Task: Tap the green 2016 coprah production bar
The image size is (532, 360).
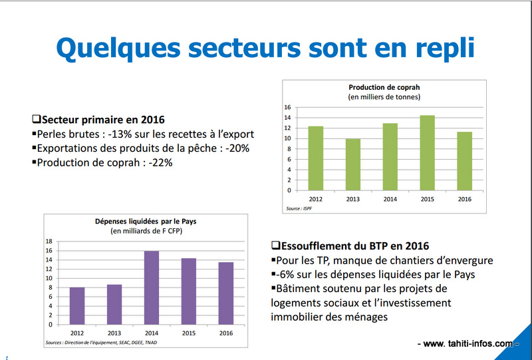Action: [x=465, y=161]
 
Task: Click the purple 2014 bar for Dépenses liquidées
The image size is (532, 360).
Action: [x=151, y=288]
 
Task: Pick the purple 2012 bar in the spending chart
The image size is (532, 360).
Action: [x=77, y=306]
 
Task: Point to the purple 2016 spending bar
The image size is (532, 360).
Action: [x=225, y=293]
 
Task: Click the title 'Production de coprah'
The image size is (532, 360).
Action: [x=384, y=87]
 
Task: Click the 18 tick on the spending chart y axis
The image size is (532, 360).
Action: [x=49, y=242]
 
